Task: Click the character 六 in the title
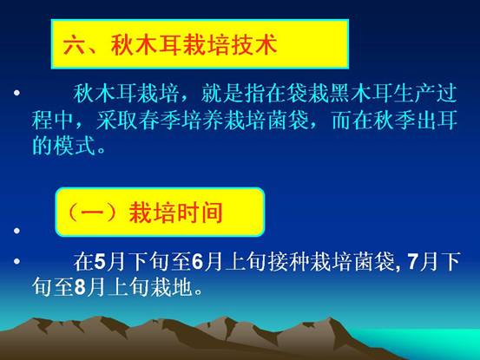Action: [x=75, y=44]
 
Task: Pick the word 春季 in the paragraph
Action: [x=159, y=120]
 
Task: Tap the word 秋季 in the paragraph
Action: [x=394, y=120]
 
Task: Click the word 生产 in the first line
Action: [x=414, y=94]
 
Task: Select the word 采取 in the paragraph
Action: [x=116, y=120]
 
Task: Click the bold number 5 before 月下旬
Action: [x=100, y=262]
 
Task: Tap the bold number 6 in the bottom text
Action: [x=197, y=262]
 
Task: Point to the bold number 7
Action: [x=413, y=262]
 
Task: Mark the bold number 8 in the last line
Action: [x=80, y=287]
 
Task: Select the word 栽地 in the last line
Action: [x=172, y=287]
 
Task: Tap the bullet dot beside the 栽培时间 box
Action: [x=16, y=231]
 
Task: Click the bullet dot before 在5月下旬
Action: [x=16, y=261]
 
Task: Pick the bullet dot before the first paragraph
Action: [x=16, y=92]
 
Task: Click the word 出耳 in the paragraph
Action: [x=437, y=120]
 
